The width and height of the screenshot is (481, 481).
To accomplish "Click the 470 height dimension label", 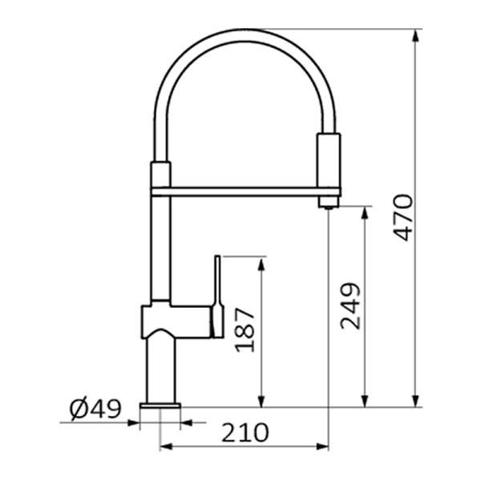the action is (x=403, y=217).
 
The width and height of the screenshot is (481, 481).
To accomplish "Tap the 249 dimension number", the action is (x=350, y=306).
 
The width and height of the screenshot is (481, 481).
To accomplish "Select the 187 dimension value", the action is (x=245, y=329).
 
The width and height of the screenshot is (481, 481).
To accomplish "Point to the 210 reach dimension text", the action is (x=245, y=433).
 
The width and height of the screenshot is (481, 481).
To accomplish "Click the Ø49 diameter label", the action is (x=95, y=409).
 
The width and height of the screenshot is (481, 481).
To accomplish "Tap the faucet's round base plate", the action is (x=160, y=406).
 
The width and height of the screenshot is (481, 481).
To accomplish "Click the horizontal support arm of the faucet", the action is (x=246, y=192).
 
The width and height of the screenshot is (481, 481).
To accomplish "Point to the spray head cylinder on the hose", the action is (x=329, y=160).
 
